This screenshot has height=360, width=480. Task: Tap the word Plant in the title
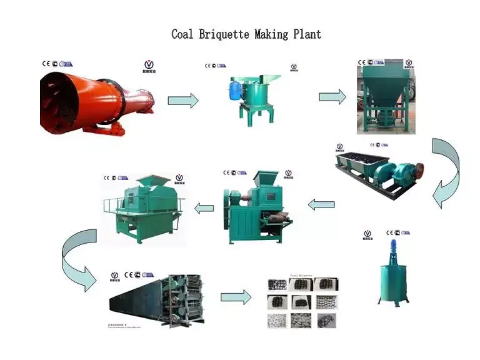pyautogui.click(x=307, y=34)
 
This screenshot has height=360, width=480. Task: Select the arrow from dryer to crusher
pyautogui.click(x=183, y=100)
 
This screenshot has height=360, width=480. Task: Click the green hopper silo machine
pyautogui.click(x=382, y=100)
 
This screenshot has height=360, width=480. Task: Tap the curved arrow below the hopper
pyautogui.click(x=446, y=172)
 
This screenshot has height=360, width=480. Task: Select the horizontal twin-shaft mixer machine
pyautogui.click(x=379, y=168)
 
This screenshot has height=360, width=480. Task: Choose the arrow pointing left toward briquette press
pyautogui.click(x=321, y=204)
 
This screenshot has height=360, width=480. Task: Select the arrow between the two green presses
pyautogui.click(x=204, y=207)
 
